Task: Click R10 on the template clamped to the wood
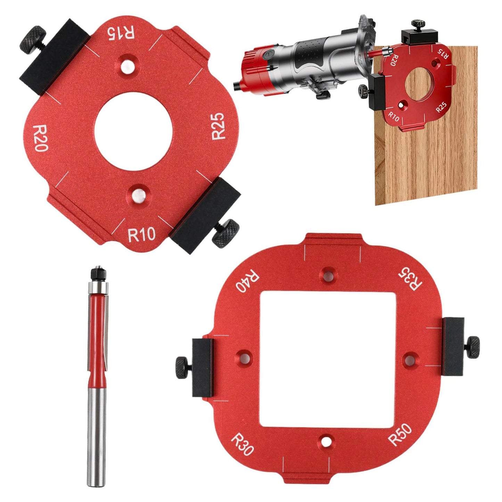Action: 394,116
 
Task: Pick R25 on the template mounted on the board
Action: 442,107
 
